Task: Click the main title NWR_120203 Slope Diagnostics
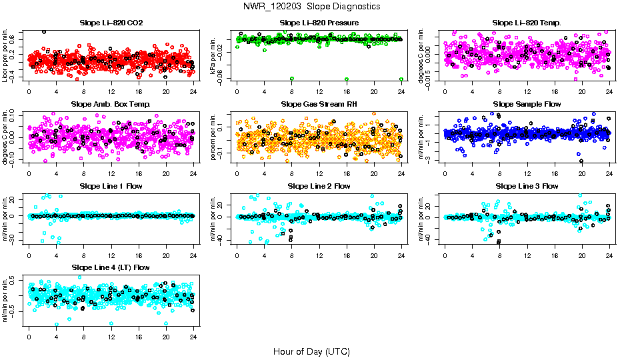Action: point(312,6)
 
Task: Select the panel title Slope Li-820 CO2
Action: point(111,23)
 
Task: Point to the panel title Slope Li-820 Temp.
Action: point(527,23)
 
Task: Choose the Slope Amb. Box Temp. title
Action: point(111,104)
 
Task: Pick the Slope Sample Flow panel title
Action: point(527,104)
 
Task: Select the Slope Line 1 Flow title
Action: point(111,185)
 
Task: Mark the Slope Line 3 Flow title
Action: point(527,185)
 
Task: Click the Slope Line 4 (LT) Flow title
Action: point(111,267)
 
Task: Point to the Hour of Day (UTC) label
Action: point(311,351)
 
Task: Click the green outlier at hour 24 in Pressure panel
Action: point(401,79)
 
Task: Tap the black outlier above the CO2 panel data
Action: point(44,31)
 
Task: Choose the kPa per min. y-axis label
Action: point(214,55)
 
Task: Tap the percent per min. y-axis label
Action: point(214,136)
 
